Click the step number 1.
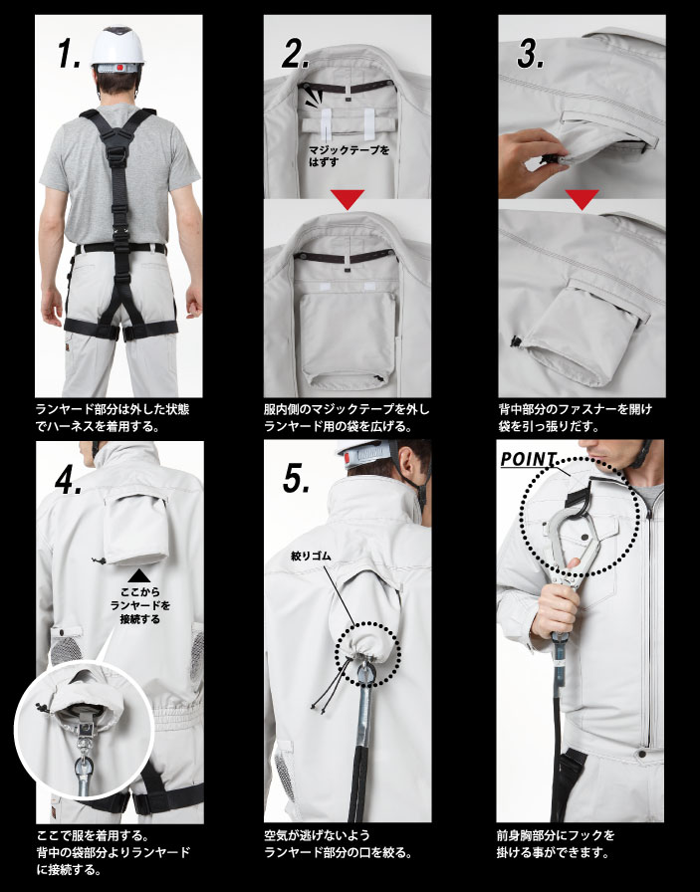tap(69, 55)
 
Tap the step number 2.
tap(296, 55)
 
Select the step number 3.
tap(531, 55)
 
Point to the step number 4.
tap(69, 481)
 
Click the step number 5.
tap(297, 479)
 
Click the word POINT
tap(528, 459)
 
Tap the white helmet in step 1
tap(117, 49)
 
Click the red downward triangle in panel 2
tap(348, 199)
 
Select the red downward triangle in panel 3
tap(582, 199)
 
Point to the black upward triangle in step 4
tap(139, 575)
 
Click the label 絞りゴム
tap(311, 557)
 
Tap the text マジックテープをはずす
tap(350, 156)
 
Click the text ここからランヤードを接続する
tap(140, 605)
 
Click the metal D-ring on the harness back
tap(117, 154)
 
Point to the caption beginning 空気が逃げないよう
tap(338, 843)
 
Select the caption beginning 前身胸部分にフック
tap(556, 843)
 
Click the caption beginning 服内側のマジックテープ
tap(347, 417)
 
